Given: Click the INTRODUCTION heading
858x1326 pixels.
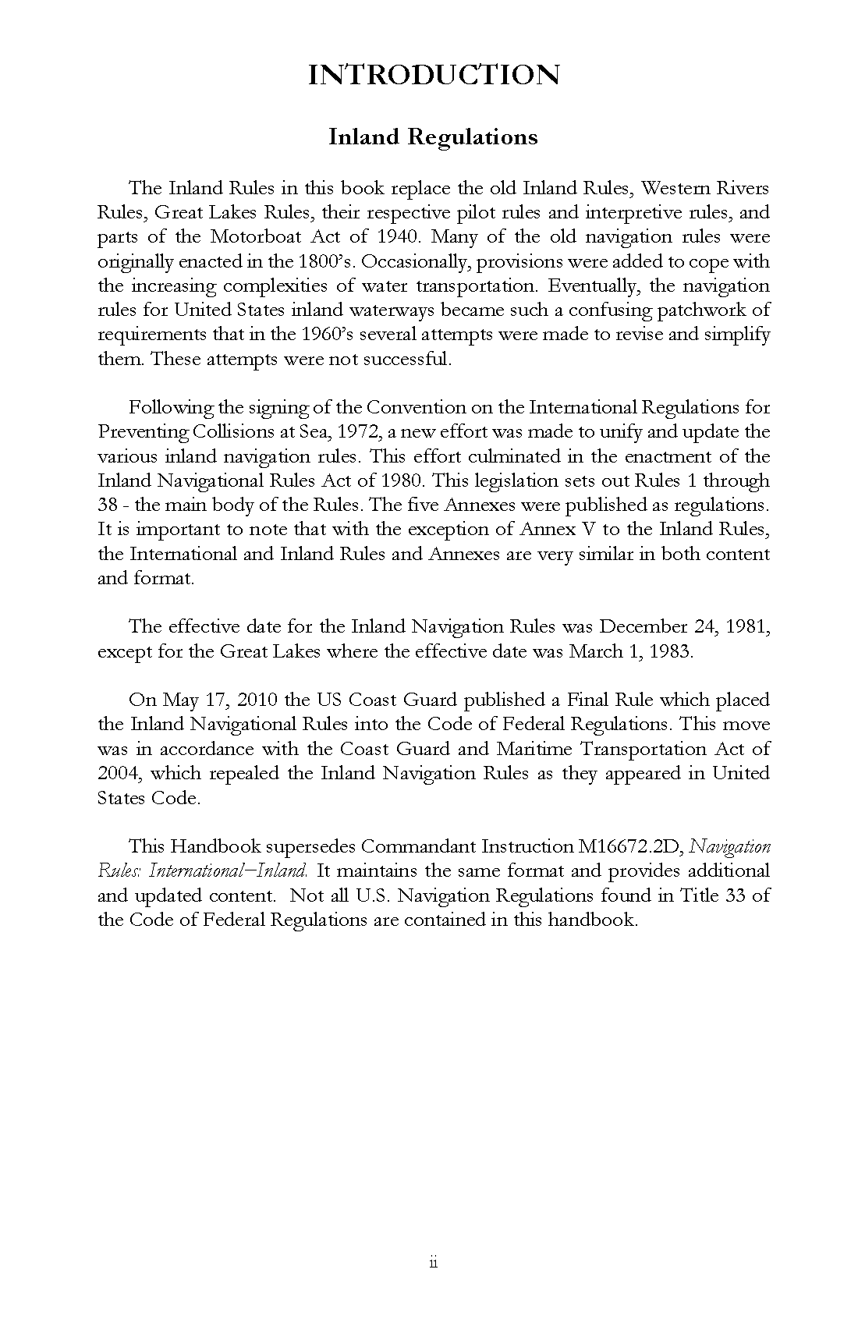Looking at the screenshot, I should pos(433,75).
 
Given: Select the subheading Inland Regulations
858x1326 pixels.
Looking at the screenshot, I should pos(433,137).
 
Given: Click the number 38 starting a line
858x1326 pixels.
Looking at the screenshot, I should pos(108,505).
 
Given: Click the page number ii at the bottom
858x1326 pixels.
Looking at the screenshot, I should pos(433,1263).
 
